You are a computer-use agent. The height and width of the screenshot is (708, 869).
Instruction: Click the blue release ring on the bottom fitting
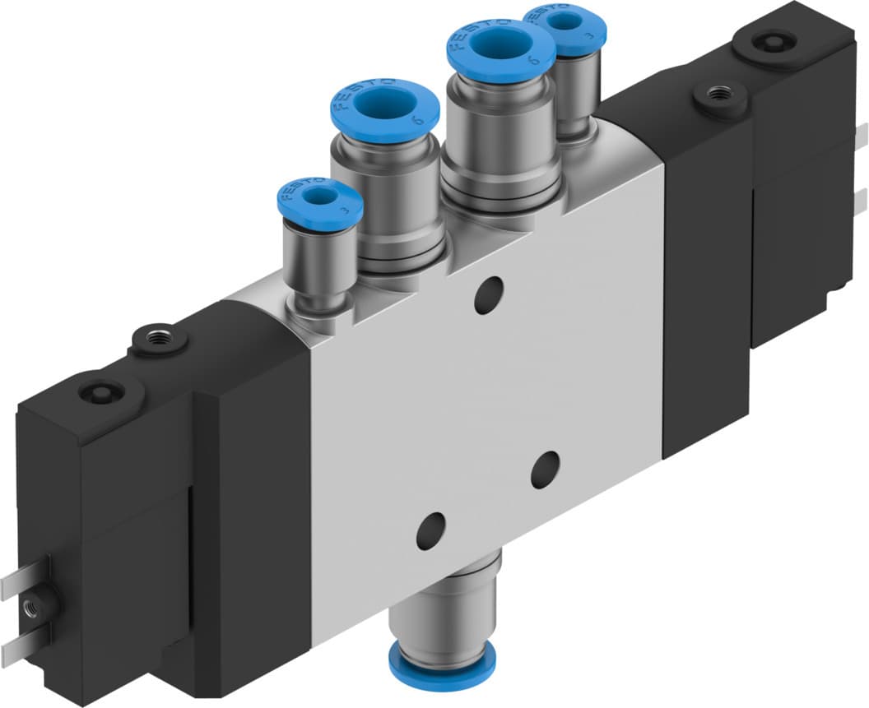coord(445,657)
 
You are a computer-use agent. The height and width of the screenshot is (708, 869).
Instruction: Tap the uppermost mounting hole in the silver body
coord(489,294)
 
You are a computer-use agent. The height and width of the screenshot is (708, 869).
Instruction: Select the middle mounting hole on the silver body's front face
coord(545,470)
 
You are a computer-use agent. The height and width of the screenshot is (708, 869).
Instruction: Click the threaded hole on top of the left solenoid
coord(156,339)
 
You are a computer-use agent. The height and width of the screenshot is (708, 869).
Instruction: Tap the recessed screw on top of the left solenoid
coord(102,392)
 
